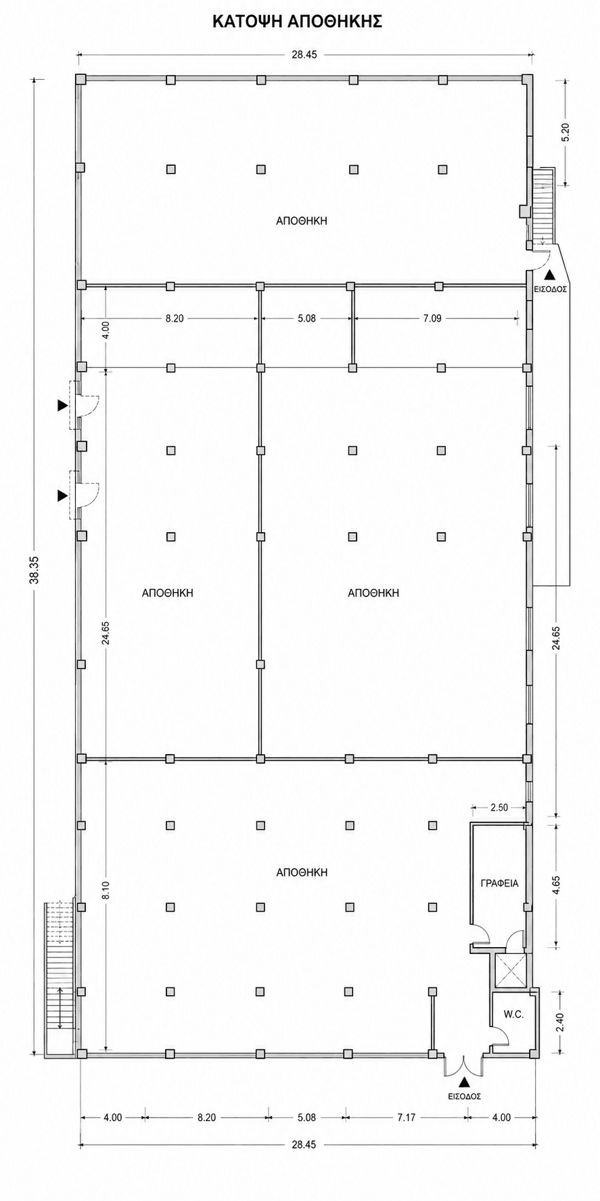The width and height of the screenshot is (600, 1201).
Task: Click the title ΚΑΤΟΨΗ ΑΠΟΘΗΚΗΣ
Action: click(298, 22)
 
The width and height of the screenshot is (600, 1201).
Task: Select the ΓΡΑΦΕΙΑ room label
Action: click(499, 883)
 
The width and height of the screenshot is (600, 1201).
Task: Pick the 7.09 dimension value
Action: click(432, 318)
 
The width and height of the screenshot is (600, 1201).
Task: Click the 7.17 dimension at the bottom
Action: click(406, 1117)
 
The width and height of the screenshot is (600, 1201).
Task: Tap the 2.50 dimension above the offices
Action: click(499, 807)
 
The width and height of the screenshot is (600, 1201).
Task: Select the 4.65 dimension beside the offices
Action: click(557, 886)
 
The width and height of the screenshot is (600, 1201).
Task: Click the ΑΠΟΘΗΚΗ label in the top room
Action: click(302, 220)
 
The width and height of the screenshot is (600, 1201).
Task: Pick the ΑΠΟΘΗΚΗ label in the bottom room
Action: click(302, 873)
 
